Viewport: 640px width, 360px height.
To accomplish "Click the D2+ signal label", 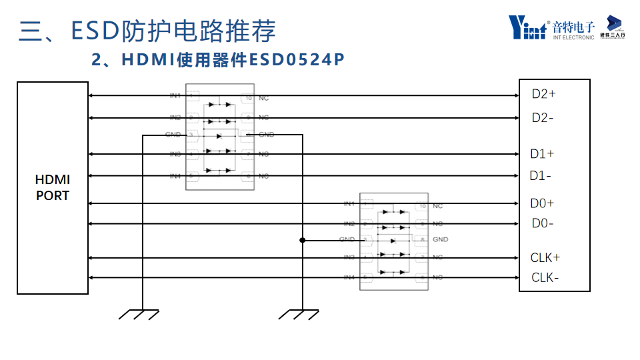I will pyautogui.click(x=543, y=94).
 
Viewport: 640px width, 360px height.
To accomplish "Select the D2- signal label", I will pyautogui.click(x=543, y=118).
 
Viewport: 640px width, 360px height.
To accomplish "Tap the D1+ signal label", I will pyautogui.click(x=542, y=154).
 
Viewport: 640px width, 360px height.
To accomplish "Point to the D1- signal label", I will pyautogui.click(x=541, y=176).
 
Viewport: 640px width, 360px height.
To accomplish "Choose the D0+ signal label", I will pyautogui.click(x=542, y=203).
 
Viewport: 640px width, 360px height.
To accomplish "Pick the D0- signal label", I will pyautogui.click(x=542, y=223).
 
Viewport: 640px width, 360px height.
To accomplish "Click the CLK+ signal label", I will pyautogui.click(x=545, y=257).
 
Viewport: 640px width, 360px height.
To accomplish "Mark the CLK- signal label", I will pyautogui.click(x=545, y=277).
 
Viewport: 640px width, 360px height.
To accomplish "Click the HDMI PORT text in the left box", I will pyautogui.click(x=53, y=188).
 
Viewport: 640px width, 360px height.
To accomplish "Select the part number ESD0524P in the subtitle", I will pyautogui.click(x=297, y=60).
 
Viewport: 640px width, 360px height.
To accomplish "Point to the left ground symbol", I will pyautogui.click(x=139, y=313).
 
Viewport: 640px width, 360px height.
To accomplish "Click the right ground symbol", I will pyautogui.click(x=299, y=313).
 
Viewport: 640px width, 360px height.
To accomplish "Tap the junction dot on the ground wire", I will pyautogui.click(x=303, y=240).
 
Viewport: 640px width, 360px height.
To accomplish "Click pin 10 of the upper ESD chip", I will pyautogui.click(x=248, y=97).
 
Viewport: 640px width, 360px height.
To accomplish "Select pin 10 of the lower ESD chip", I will pyautogui.click(x=421, y=206).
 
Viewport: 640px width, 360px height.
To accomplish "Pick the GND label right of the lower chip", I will pyautogui.click(x=440, y=239).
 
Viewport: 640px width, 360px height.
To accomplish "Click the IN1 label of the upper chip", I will pyautogui.click(x=175, y=97).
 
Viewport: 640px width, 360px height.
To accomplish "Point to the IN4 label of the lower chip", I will pyautogui.click(x=349, y=277).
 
